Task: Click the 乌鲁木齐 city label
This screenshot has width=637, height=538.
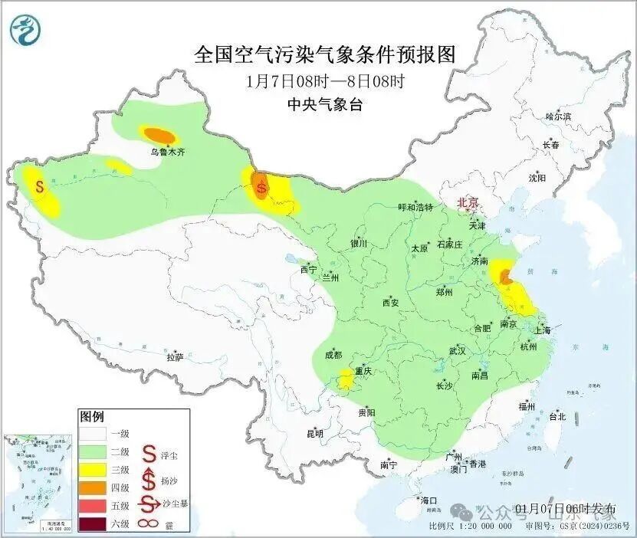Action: click(x=166, y=152)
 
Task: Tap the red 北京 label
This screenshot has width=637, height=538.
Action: click(x=467, y=202)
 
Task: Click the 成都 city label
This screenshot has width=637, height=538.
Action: click(x=333, y=355)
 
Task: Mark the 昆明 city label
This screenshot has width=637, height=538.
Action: click(x=315, y=433)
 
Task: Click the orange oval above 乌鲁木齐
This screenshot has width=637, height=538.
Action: click(x=159, y=135)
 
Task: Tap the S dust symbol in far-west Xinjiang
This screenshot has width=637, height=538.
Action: click(x=39, y=185)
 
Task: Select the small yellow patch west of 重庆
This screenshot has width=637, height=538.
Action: click(x=346, y=377)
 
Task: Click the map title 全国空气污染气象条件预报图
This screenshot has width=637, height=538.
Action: click(x=325, y=54)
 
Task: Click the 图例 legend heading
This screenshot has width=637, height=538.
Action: click(x=91, y=417)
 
